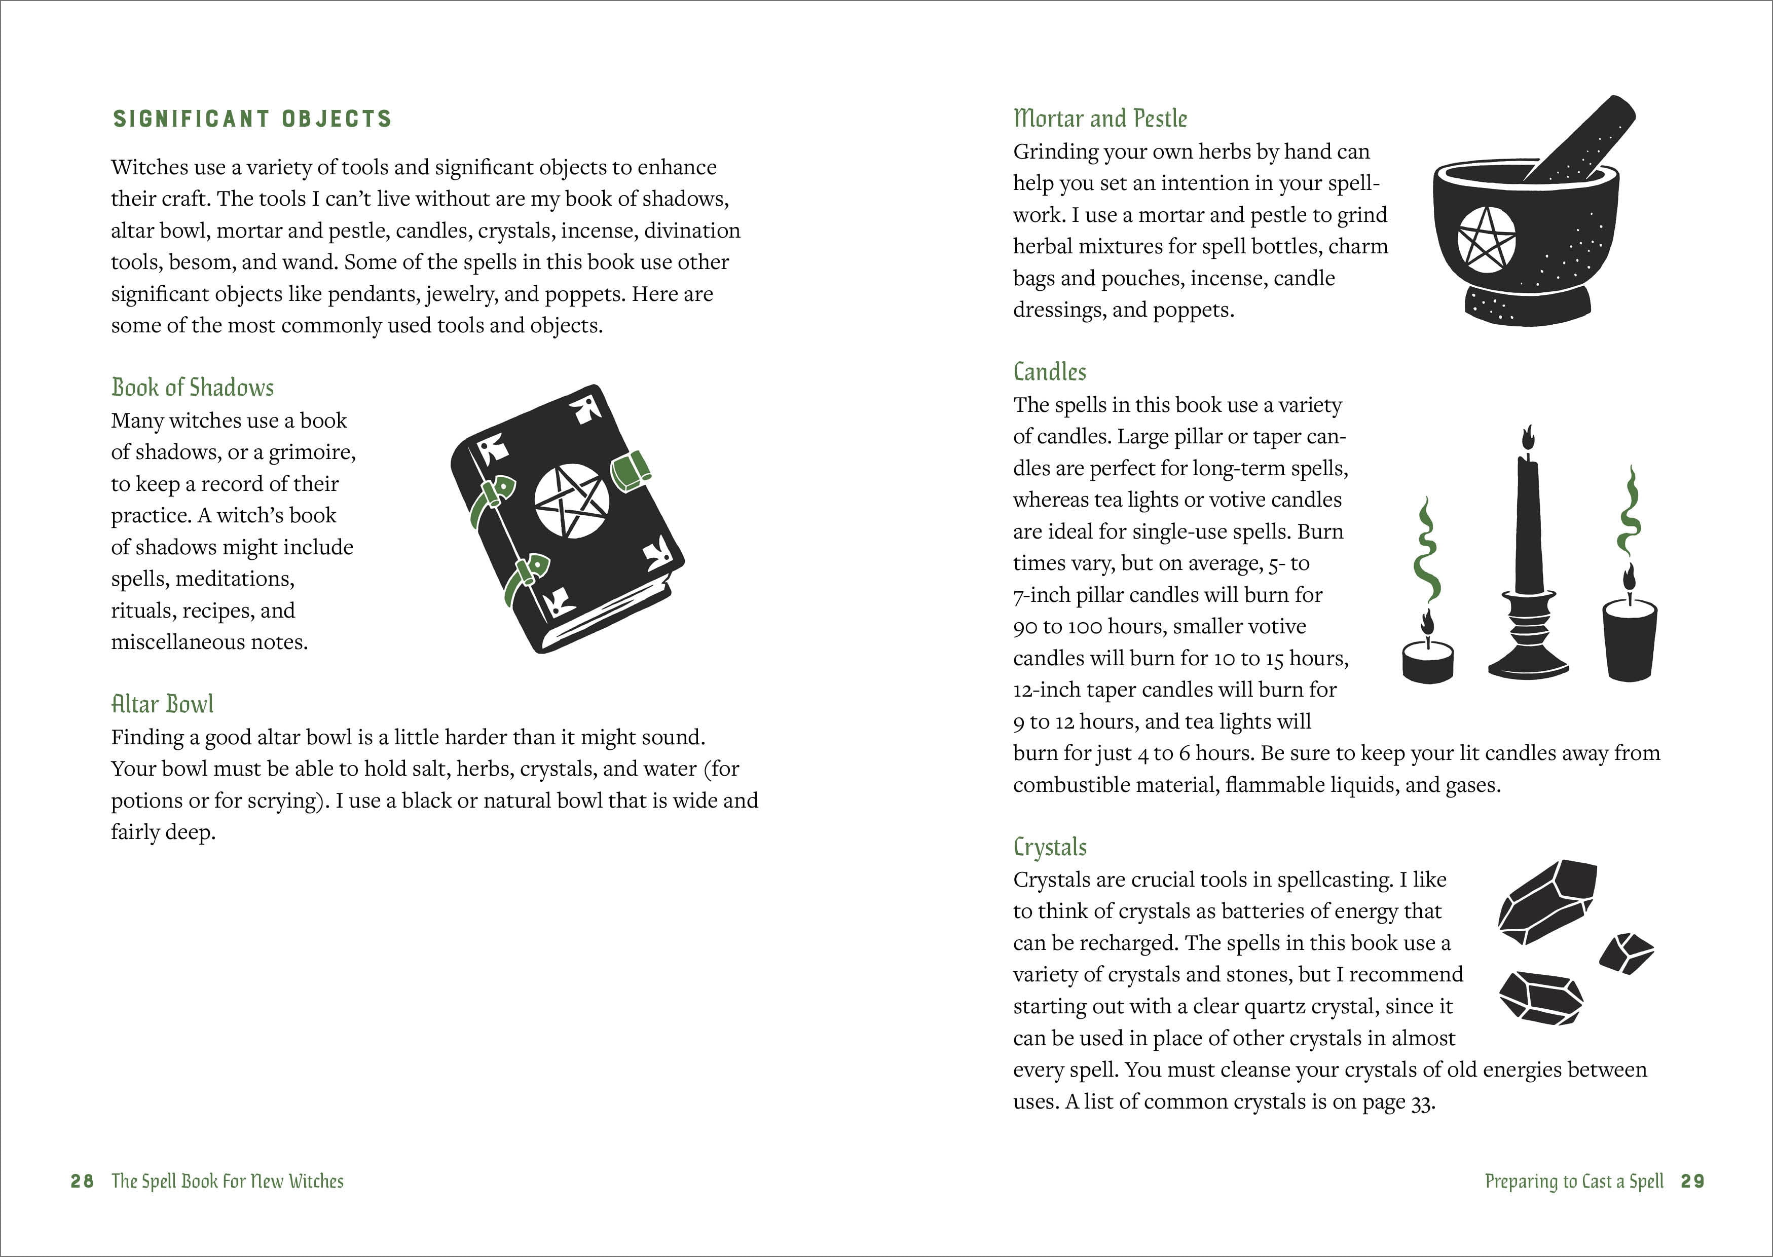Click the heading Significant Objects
point(252,119)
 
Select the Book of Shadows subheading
point(193,387)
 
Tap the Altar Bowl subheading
point(162,704)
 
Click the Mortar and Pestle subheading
point(1099,119)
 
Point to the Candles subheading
point(1049,371)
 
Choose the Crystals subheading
point(1049,847)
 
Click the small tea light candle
point(1427,661)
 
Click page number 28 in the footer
point(82,1181)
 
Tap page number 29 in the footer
point(1692,1181)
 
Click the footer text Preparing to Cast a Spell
point(1573,1181)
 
